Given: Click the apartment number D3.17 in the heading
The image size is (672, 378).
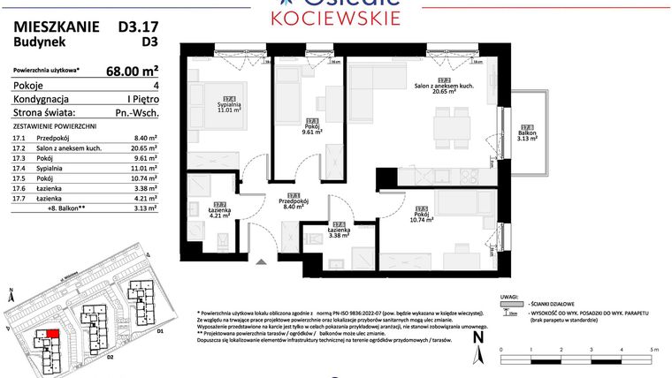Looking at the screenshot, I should [138, 26].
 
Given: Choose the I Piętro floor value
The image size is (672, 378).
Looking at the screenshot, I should [141, 99].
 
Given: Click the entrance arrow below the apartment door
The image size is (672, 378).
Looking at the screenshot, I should [260, 261].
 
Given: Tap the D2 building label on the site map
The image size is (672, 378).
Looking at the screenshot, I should [110, 358].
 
